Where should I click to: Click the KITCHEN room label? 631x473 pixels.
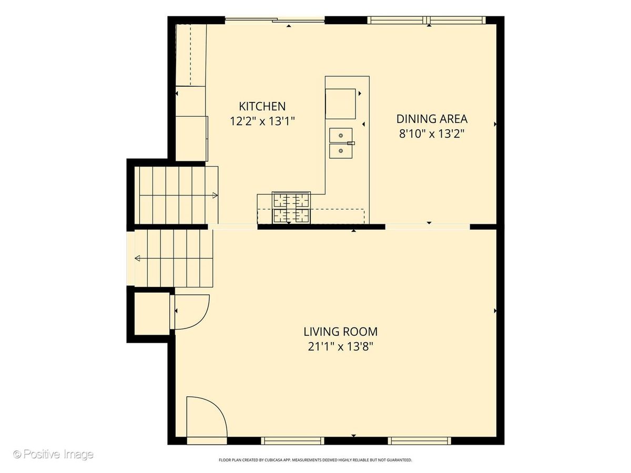coord(262,106)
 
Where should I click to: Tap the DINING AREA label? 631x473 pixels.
coord(432,119)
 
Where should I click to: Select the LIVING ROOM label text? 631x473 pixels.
coord(341,332)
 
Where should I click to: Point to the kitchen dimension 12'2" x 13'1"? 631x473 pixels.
coord(262,121)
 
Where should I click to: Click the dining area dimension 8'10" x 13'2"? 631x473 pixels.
coord(432,133)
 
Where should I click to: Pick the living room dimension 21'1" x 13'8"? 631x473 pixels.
coord(341,347)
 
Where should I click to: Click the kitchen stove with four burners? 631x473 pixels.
coord(291,208)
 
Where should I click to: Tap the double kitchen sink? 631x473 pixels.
coord(341,143)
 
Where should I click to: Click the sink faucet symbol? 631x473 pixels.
coord(351,143)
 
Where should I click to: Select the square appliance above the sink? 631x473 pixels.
coord(340,104)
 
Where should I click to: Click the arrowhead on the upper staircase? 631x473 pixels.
coord(215,196)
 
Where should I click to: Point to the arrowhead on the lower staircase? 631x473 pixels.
coord(137,258)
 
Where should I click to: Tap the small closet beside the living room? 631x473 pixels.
coord(152,314)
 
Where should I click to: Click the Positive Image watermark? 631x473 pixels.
coord(54,454)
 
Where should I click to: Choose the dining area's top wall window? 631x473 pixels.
coord(426,20)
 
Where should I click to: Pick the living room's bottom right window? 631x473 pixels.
coord(420,440)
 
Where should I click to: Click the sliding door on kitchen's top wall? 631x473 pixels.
coord(275,20)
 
